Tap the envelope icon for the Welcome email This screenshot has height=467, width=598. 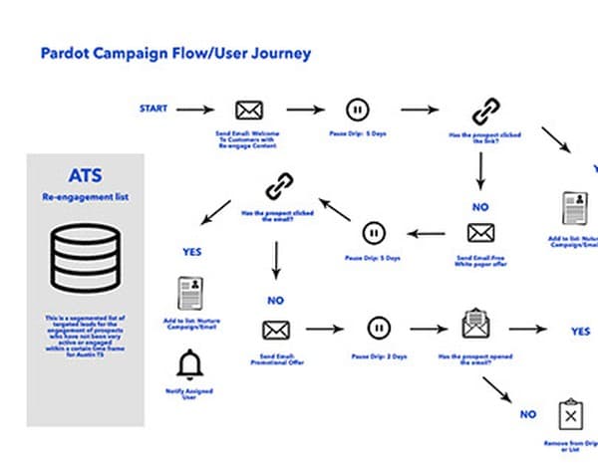249,110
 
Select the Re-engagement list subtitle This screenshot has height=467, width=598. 85,197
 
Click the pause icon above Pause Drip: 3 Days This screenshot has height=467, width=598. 377,328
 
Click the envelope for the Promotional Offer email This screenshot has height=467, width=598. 275,329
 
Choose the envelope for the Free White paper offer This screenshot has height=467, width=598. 480,233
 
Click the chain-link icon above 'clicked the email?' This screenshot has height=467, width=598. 278,185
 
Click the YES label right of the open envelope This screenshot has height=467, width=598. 580,331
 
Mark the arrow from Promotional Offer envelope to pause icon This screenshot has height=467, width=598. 326,328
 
